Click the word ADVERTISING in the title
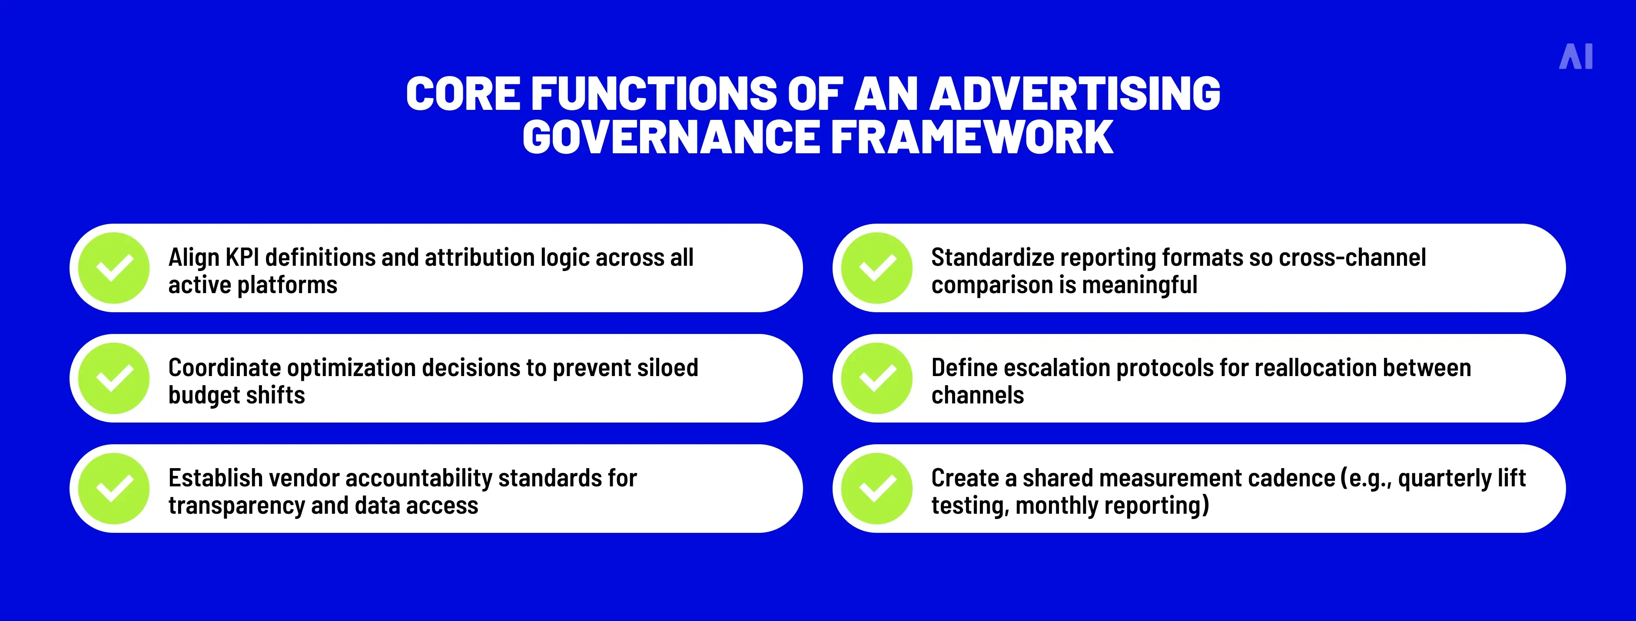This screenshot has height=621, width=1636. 1075,94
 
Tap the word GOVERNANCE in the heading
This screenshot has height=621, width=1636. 670,137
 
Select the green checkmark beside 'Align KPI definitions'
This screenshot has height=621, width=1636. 114,268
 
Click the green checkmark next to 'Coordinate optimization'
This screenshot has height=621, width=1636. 114,378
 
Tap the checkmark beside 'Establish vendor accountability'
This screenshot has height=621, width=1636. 114,488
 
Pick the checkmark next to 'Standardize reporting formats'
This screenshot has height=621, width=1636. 877,268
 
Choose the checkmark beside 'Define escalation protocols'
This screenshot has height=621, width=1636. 877,378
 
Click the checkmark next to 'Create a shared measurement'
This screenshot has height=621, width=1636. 877,488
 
